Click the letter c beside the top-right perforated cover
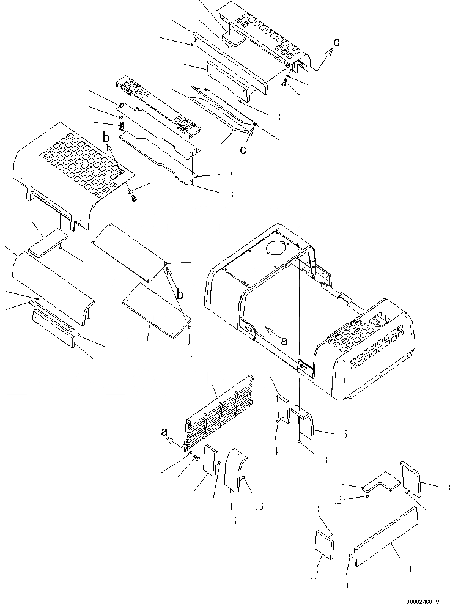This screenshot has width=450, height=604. click(x=336, y=42)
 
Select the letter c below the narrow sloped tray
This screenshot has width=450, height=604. click(x=243, y=150)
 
